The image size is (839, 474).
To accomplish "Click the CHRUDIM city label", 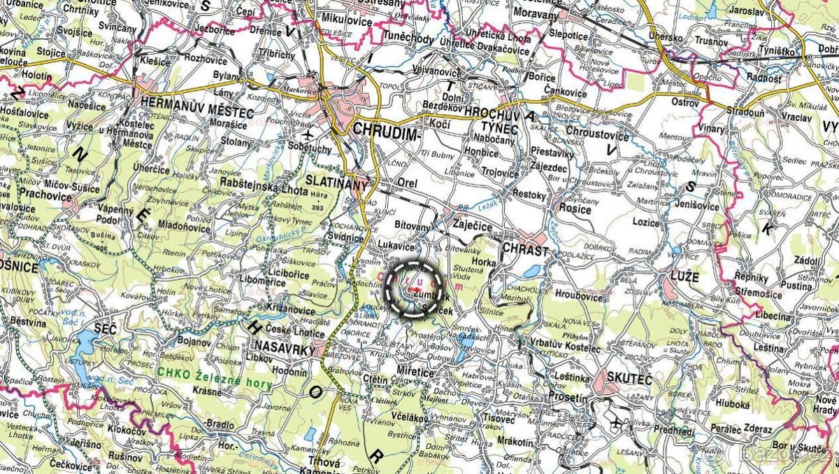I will pyautogui.click(x=385, y=130).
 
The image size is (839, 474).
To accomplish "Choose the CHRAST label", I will pyautogui.click(x=525, y=249).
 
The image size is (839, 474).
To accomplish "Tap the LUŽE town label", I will pyautogui.click(x=683, y=277).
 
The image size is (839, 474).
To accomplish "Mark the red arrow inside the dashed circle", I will pyautogui.click(x=415, y=288).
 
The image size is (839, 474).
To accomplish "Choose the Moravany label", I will pyautogui.click(x=536, y=13).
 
